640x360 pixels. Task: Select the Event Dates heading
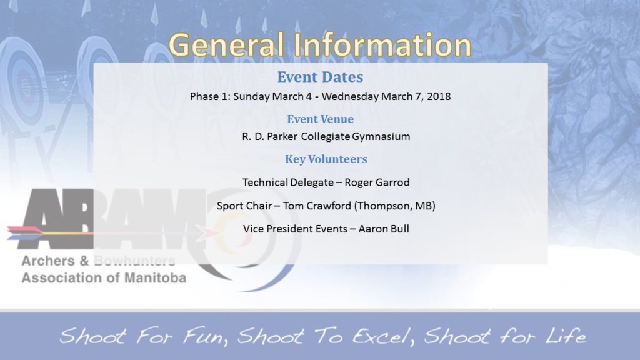[320, 77]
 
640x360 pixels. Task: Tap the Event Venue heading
[320, 119]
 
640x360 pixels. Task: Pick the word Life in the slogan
[565, 337]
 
